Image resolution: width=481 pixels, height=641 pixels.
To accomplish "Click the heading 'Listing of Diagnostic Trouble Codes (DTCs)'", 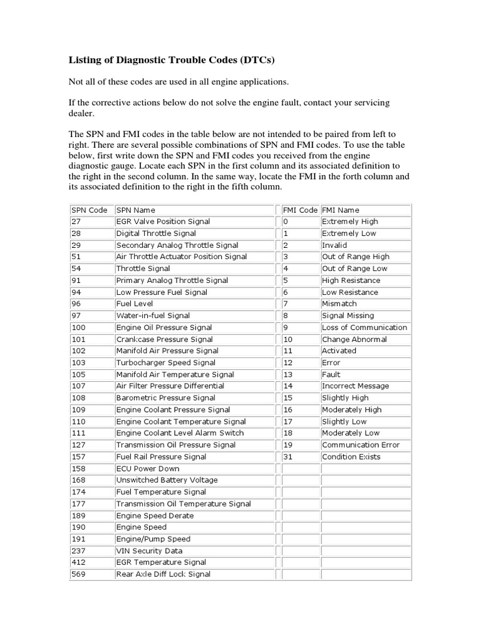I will [171, 61].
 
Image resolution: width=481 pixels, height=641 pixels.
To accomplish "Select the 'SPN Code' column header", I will [88, 210].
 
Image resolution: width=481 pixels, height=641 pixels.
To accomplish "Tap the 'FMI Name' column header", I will [340, 210].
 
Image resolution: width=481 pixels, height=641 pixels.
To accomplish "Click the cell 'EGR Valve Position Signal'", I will [163, 222].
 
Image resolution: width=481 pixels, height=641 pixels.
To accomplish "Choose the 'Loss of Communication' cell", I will [364, 327].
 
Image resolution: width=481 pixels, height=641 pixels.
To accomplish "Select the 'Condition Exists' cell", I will [351, 457].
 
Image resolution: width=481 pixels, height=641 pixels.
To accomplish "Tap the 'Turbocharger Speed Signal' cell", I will [165, 362].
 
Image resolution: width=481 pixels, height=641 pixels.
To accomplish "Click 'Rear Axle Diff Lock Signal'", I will [163, 574].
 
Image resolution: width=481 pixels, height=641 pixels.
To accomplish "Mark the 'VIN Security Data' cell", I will [149, 551].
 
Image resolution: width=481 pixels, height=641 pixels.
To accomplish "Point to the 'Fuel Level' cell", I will [135, 304].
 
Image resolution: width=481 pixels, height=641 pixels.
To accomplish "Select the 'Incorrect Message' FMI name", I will [355, 386].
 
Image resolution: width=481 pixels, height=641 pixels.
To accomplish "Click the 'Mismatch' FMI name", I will [339, 304].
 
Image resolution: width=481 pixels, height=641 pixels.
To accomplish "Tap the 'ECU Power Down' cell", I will [147, 469].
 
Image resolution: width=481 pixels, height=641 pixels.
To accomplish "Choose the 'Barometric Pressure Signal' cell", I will [165, 398].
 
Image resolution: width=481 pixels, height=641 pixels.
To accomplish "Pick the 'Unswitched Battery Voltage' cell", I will [167, 480].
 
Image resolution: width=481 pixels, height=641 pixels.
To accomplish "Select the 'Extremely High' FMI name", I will [349, 222].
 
